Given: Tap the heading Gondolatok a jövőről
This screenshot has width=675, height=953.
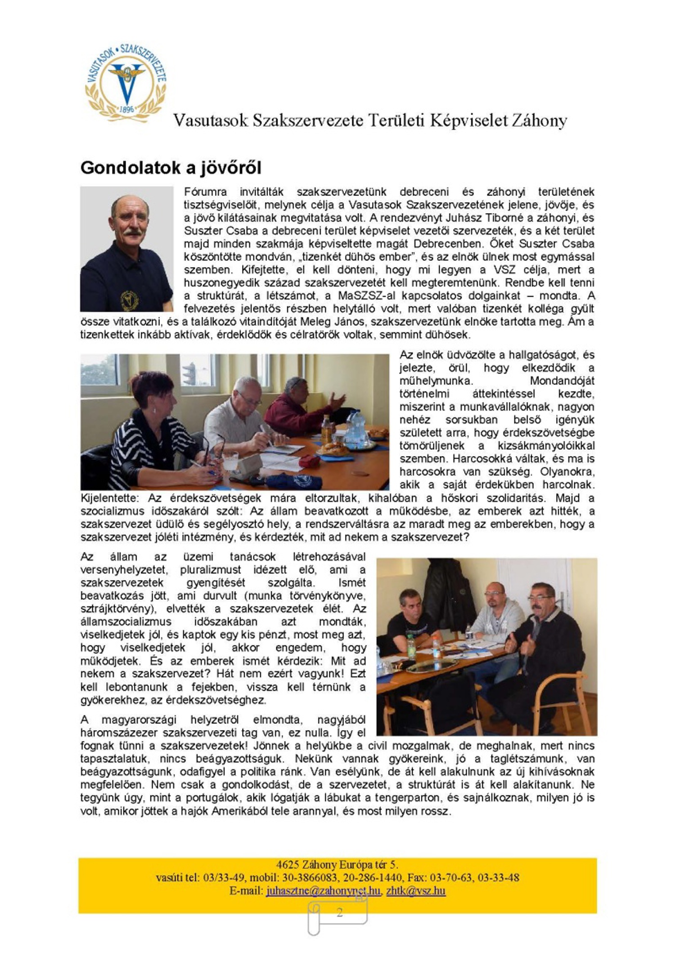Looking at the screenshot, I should (x=171, y=168).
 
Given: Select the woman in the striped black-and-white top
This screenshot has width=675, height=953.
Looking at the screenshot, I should (x=148, y=432).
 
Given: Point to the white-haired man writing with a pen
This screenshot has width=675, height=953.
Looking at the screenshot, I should (x=238, y=418).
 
